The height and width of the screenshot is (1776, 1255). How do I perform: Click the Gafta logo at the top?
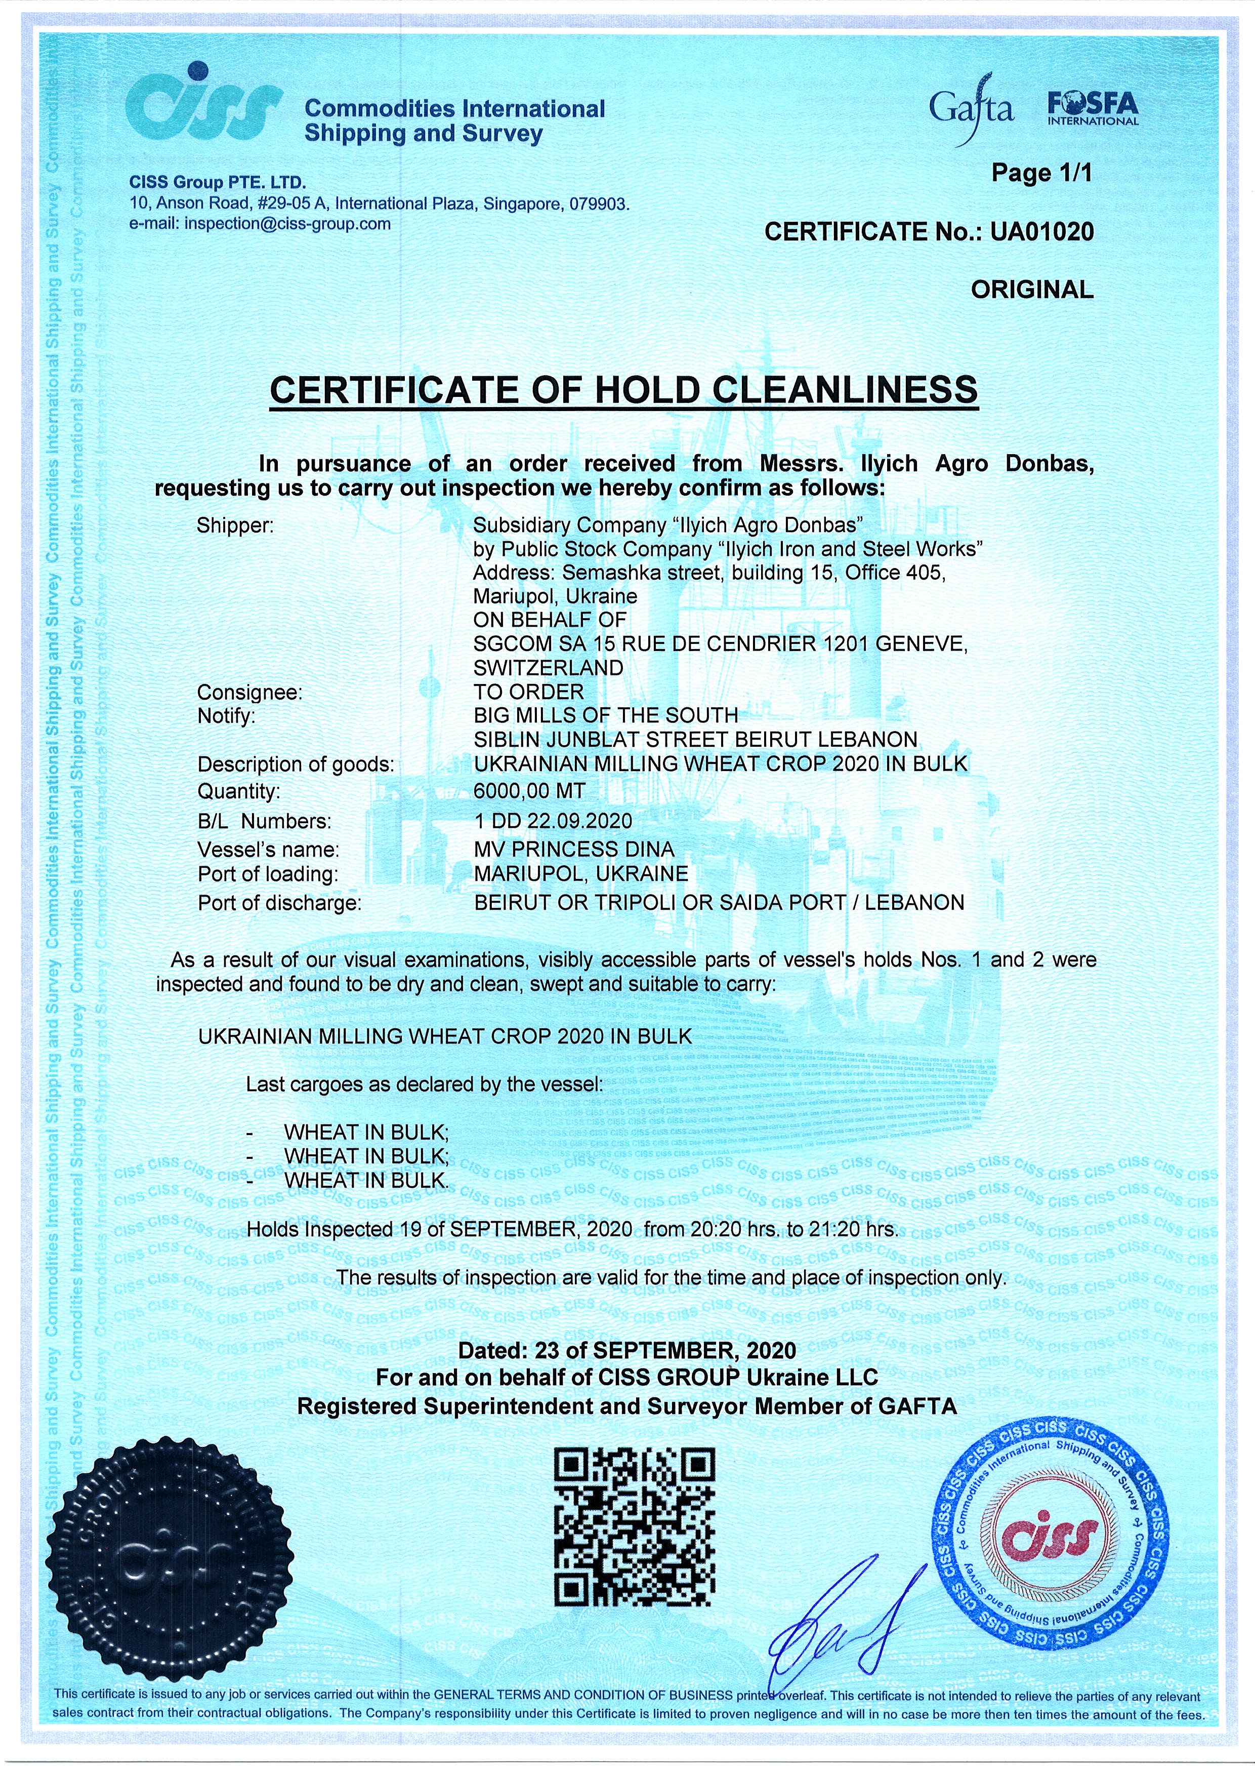point(971,110)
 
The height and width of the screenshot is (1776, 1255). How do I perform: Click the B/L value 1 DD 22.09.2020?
point(553,820)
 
